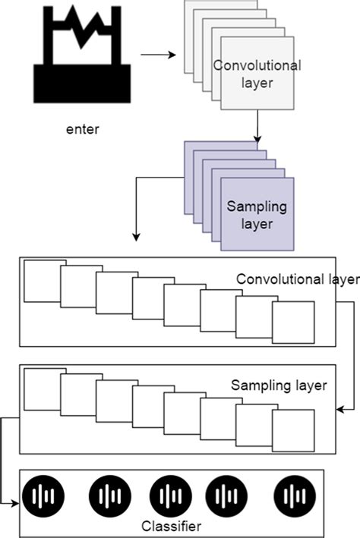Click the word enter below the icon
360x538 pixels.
pos(82,128)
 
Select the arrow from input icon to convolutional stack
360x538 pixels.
pos(157,55)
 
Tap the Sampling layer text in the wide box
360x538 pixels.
pos(278,385)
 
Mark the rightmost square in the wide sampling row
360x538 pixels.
pos(293,431)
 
